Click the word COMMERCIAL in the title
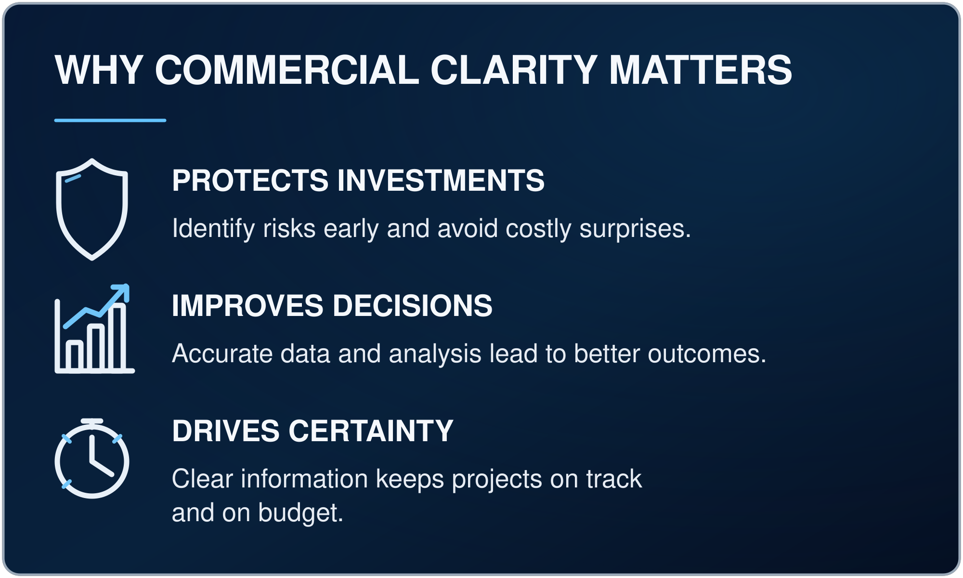(287, 70)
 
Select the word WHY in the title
(99, 70)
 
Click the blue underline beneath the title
(110, 120)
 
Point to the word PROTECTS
(250, 180)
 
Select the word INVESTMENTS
(441, 180)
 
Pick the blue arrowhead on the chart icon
(122, 291)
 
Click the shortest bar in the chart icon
(74, 355)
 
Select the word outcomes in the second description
(707, 354)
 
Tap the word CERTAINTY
(371, 431)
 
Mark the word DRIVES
(226, 431)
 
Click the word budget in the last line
(300, 513)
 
